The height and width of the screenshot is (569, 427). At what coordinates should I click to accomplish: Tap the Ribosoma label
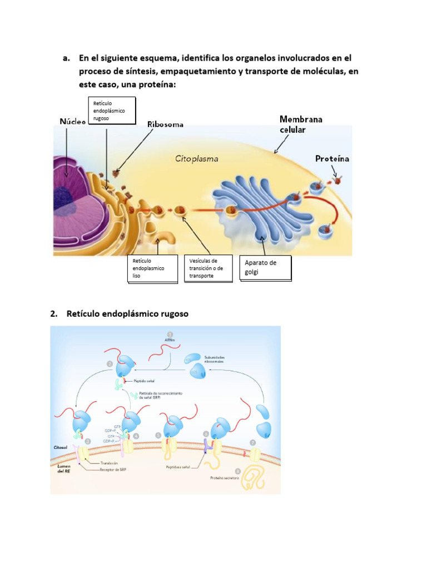tap(165, 124)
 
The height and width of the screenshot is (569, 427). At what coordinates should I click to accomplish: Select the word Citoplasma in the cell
tap(196, 158)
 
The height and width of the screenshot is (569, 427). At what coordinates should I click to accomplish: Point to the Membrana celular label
tap(301, 124)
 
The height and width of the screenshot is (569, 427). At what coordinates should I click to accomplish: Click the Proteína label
tap(332, 158)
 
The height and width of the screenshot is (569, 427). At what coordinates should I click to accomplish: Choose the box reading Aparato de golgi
tap(265, 268)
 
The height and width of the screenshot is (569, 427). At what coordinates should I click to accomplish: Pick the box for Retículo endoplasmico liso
tap(152, 268)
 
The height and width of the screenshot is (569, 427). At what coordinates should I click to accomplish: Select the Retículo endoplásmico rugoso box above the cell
tap(112, 111)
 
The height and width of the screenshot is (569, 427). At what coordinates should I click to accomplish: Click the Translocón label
tap(109, 463)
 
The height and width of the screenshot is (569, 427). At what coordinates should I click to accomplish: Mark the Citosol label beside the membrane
tap(62, 446)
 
